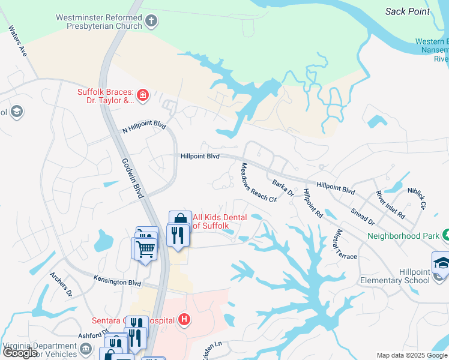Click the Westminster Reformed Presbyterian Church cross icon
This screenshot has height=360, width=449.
(x=151, y=22)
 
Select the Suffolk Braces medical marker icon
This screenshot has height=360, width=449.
(x=142, y=94)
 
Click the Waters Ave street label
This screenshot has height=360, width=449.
(x=18, y=41)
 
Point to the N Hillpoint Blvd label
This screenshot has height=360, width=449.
(x=143, y=127)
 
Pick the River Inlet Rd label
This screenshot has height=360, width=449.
(x=390, y=205)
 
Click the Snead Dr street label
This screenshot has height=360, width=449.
(x=363, y=214)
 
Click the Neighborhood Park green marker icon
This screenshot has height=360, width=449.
(x=445, y=235)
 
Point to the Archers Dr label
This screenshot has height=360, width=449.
(x=61, y=284)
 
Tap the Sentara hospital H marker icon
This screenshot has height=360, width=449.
(x=184, y=320)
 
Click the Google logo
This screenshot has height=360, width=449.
(x=20, y=353)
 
